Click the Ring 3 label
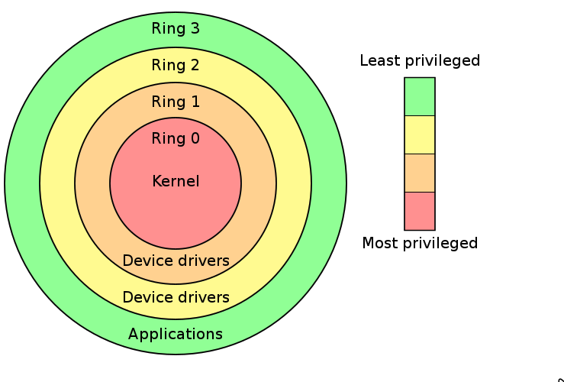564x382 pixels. pyautogui.click(x=176, y=29)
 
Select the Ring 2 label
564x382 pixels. pyautogui.click(x=176, y=66)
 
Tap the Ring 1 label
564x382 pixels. pyautogui.click(x=176, y=102)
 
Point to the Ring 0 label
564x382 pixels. pyautogui.click(x=176, y=139)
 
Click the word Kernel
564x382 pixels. pyautogui.click(x=176, y=182)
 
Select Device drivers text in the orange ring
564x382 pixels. pyautogui.click(x=176, y=261)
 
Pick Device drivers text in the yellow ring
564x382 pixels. pyautogui.click(x=176, y=297)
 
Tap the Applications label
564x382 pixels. pyautogui.click(x=176, y=335)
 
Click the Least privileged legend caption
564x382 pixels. pyautogui.click(x=420, y=61)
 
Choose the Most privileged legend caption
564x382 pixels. pyautogui.click(x=420, y=244)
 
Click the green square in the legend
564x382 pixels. pyautogui.click(x=420, y=96)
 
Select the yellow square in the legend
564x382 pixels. pyautogui.click(x=420, y=134)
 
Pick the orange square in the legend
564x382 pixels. pyautogui.click(x=420, y=173)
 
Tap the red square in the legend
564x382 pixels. pyautogui.click(x=420, y=211)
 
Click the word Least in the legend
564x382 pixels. pyautogui.click(x=379, y=61)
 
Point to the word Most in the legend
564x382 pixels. pyautogui.click(x=379, y=244)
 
